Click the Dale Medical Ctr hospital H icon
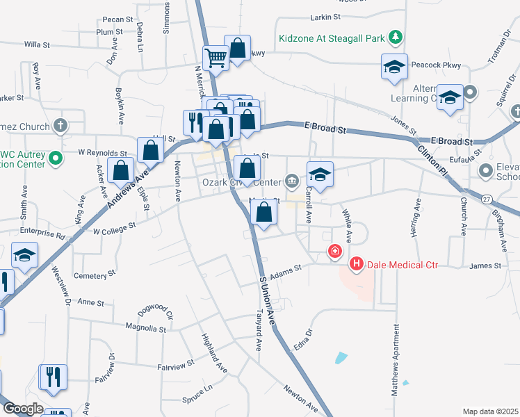[356, 264]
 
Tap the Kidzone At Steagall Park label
[331, 39]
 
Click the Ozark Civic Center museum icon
[291, 182]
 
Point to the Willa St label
[38, 44]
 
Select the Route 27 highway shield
[487, 199]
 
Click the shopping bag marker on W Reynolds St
[150, 149]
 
